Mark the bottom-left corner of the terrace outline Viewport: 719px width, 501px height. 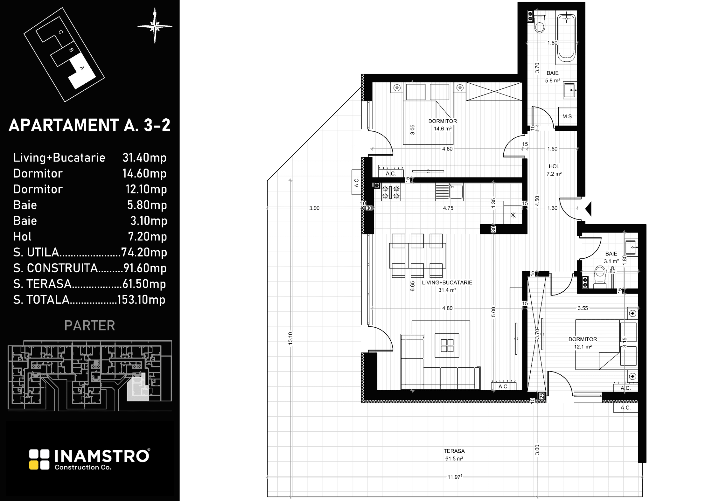point(268,497)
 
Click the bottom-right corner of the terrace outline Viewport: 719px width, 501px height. point(642,497)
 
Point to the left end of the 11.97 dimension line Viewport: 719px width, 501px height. point(267,477)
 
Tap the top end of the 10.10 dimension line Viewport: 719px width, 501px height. point(290,181)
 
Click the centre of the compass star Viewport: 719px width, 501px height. point(155,26)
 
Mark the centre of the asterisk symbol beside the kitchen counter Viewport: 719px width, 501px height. point(513,215)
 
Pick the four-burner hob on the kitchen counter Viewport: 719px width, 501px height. point(391,192)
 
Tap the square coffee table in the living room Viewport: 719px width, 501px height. point(447,345)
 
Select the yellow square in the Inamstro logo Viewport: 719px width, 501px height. point(34,465)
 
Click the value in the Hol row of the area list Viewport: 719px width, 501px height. point(147,237)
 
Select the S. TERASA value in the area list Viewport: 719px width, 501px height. point(144,284)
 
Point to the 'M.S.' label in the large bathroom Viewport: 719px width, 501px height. point(568,116)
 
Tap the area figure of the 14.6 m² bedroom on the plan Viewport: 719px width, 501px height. point(443,129)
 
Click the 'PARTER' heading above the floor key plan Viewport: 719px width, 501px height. point(90,325)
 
